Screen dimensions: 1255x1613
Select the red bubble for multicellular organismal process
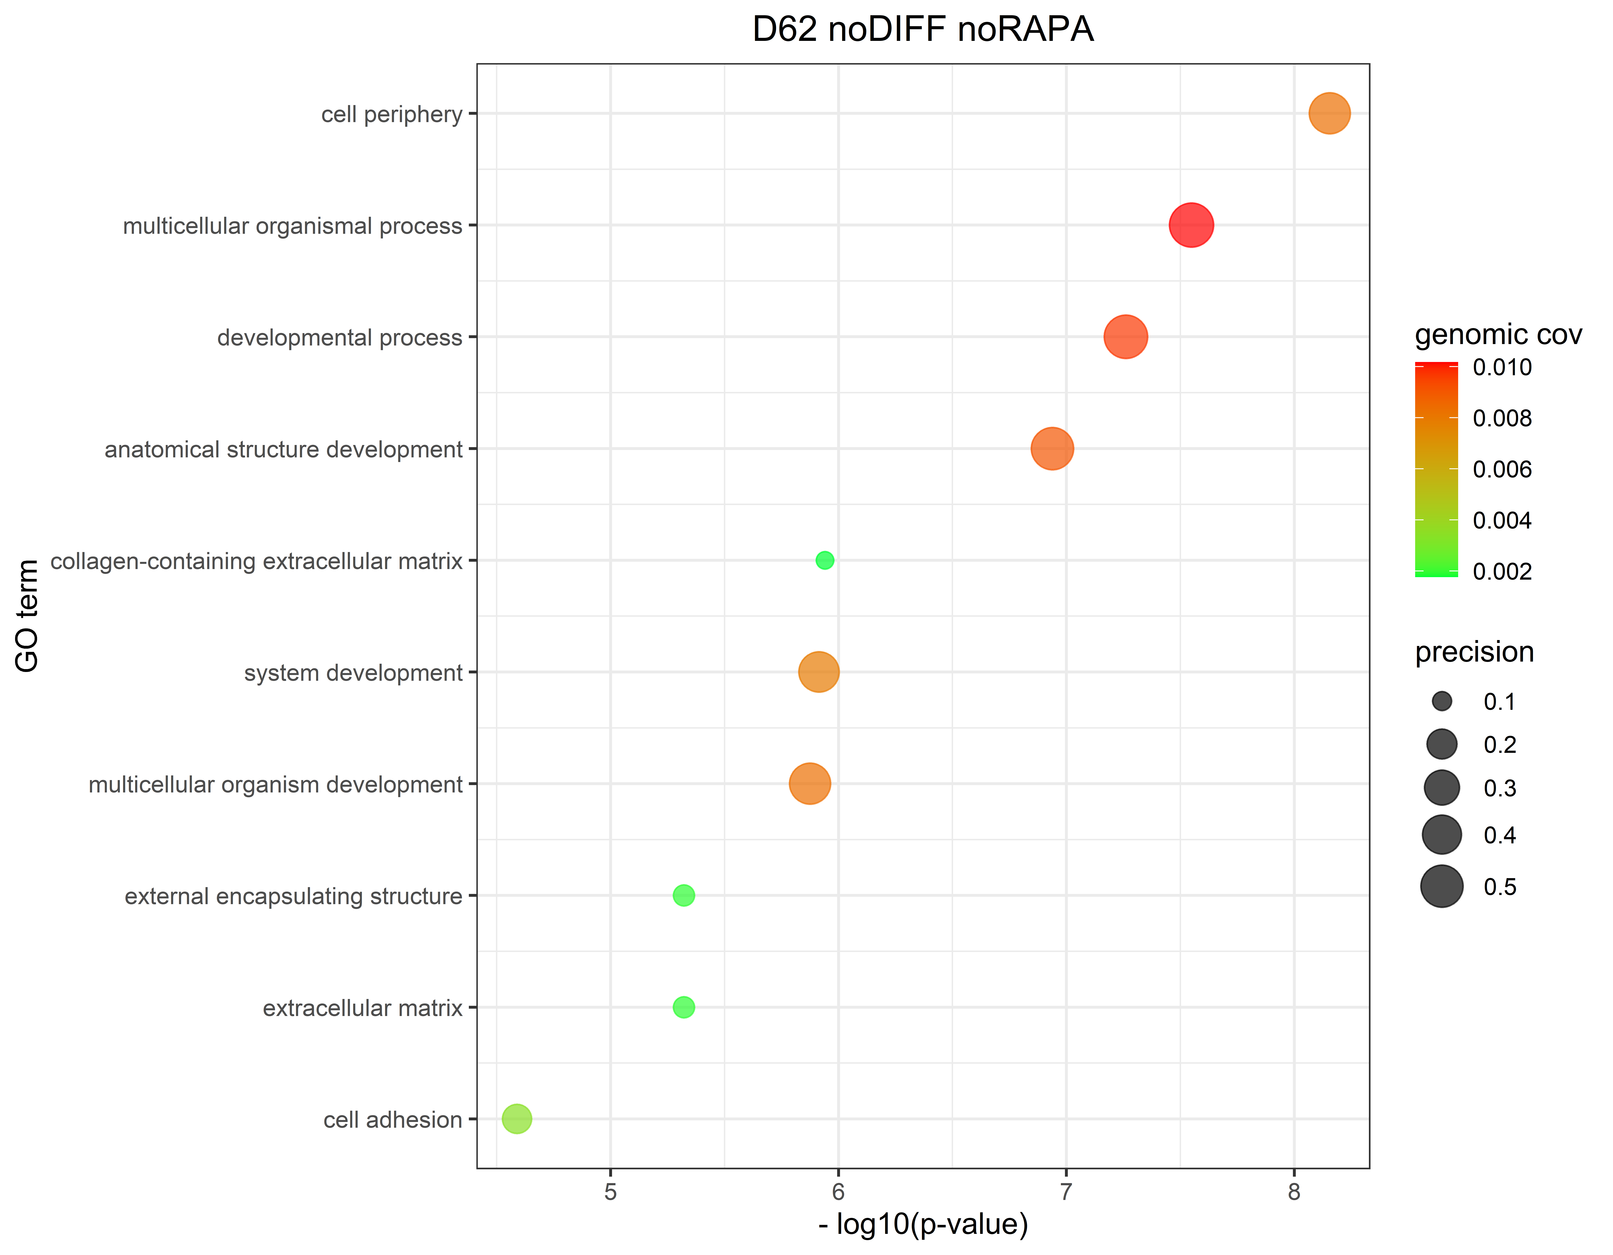click(1191, 225)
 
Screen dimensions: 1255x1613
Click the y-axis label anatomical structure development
click(284, 449)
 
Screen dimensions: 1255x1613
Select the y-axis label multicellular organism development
click(275, 785)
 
